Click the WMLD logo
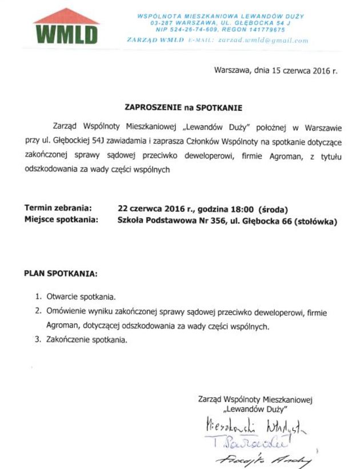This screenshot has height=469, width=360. [66, 27]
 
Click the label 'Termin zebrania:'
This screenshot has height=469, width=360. [58, 208]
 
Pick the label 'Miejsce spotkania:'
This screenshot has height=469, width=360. [61, 219]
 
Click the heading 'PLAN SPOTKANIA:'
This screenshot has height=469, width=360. [61, 273]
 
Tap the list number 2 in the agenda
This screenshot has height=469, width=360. [38, 312]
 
